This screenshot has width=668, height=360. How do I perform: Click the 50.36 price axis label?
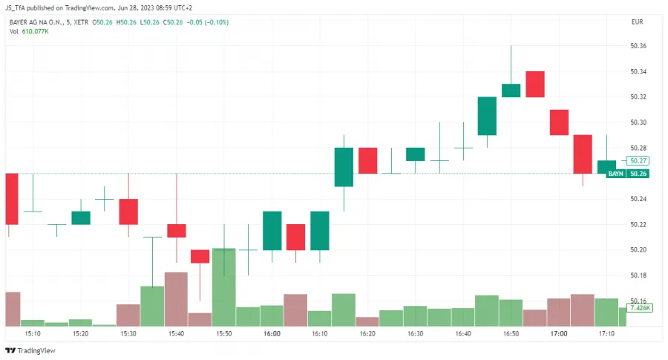pyautogui.click(x=638, y=46)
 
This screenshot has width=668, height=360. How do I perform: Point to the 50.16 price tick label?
pyautogui.click(x=638, y=301)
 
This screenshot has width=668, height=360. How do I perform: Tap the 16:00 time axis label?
pyautogui.click(x=272, y=335)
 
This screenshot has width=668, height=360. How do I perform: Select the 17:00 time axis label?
pyautogui.click(x=559, y=335)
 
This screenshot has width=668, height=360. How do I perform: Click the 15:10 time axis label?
pyautogui.click(x=33, y=335)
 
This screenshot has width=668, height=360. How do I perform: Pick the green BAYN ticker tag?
pyautogui.click(x=615, y=174)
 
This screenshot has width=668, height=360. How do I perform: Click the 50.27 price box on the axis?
pyautogui.click(x=638, y=160)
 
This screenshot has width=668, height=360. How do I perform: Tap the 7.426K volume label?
pyautogui.click(x=639, y=307)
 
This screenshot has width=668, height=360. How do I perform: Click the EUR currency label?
pyautogui.click(x=637, y=22)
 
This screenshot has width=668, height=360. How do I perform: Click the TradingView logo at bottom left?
pyautogui.click(x=30, y=350)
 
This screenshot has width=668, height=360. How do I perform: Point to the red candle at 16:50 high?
pyautogui.click(x=535, y=84)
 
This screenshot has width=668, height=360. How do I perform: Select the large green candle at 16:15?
pyautogui.click(x=344, y=167)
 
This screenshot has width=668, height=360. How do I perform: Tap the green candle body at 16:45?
pyautogui.click(x=487, y=116)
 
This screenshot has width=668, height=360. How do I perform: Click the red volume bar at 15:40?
pyautogui.click(x=176, y=299)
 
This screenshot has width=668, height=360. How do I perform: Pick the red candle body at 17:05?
pyautogui.click(x=583, y=154)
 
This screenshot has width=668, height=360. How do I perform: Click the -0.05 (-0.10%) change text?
pyautogui.click(x=207, y=22)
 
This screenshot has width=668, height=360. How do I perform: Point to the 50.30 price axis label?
pyautogui.click(x=638, y=122)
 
